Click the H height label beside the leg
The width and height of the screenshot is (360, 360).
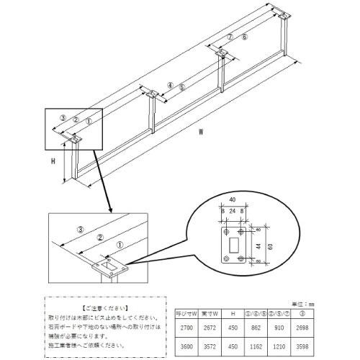pyautogui.click(x=53, y=162)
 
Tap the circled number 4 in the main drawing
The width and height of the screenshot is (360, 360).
pyautogui.click(x=170, y=84)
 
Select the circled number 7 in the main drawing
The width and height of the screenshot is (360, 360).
pyautogui.click(x=230, y=36)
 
